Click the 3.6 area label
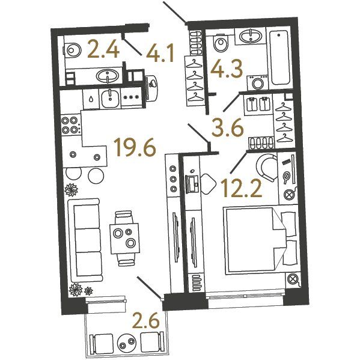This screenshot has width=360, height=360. pyautogui.click(x=228, y=129)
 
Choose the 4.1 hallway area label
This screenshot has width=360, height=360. pyautogui.click(x=160, y=54)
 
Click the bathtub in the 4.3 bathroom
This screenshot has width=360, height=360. pyautogui.click(x=279, y=58)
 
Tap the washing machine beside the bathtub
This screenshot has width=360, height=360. pyautogui.click(x=257, y=82)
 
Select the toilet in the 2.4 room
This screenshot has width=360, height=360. pyautogui.click(x=72, y=50)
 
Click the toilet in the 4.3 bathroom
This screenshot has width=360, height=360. pyautogui.click(x=221, y=41)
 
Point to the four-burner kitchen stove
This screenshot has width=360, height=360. pyautogui.click(x=71, y=124)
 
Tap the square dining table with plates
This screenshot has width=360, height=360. pyautogui.click(x=124, y=239)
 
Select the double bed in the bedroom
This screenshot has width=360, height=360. pyautogui.click(x=261, y=240)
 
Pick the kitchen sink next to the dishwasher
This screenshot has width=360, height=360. pyautogui.click(x=111, y=99)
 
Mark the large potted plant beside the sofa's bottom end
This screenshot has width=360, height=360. pyautogui.click(x=76, y=289)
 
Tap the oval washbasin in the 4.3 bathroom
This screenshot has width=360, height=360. pyautogui.click(x=251, y=36)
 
